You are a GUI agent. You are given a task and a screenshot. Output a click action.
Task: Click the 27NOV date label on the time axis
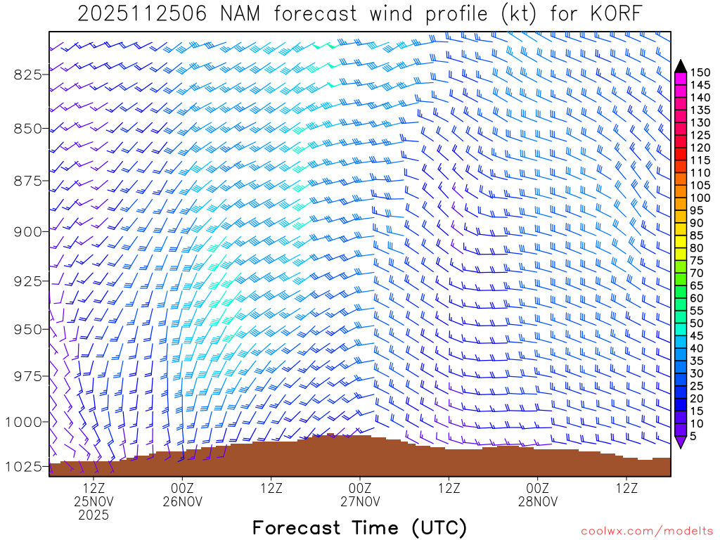point(360,501)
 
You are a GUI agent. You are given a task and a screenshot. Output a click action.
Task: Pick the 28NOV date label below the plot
point(538,501)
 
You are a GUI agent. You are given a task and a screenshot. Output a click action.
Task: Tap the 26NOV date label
point(182,501)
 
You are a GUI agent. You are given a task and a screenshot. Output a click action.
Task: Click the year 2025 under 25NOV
point(94,515)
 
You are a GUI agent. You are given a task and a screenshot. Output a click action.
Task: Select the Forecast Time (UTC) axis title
point(359,527)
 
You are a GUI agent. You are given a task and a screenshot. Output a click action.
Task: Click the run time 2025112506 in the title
point(142,14)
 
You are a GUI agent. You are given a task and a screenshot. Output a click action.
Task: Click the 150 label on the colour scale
point(700,72)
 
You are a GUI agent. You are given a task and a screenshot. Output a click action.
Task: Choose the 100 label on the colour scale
point(700,198)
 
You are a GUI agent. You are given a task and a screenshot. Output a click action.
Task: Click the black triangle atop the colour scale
point(680,66)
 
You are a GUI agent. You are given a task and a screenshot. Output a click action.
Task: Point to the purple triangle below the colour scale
point(680,442)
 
